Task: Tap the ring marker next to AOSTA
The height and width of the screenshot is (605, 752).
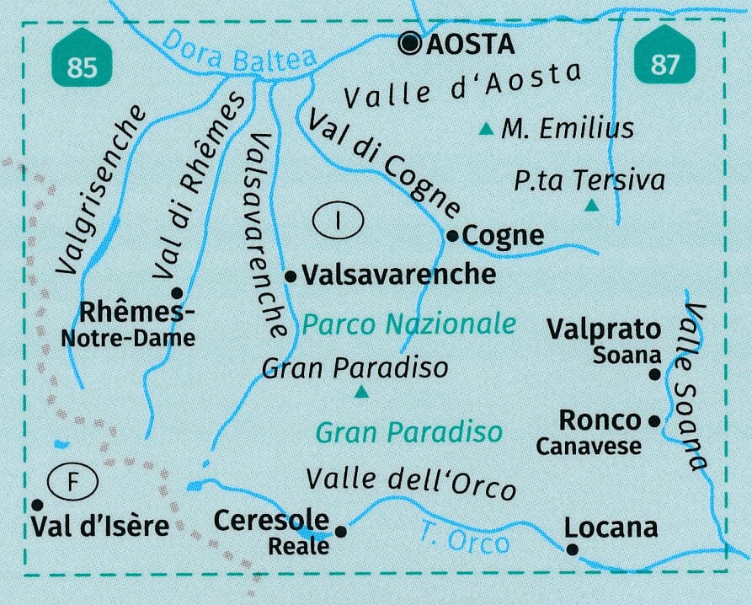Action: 411,44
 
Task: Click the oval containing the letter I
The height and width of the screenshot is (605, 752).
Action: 337,222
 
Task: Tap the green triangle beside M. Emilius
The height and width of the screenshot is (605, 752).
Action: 486,130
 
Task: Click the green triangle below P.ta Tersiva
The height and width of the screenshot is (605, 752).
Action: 592,206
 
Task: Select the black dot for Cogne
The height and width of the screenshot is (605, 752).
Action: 452,236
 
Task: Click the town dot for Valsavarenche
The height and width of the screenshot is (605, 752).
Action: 290,276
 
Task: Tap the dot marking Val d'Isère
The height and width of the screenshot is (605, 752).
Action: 37,505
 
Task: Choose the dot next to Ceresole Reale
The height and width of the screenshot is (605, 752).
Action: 341,531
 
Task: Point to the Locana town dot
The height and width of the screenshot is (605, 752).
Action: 573,549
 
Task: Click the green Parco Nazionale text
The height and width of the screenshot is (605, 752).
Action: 408,324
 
